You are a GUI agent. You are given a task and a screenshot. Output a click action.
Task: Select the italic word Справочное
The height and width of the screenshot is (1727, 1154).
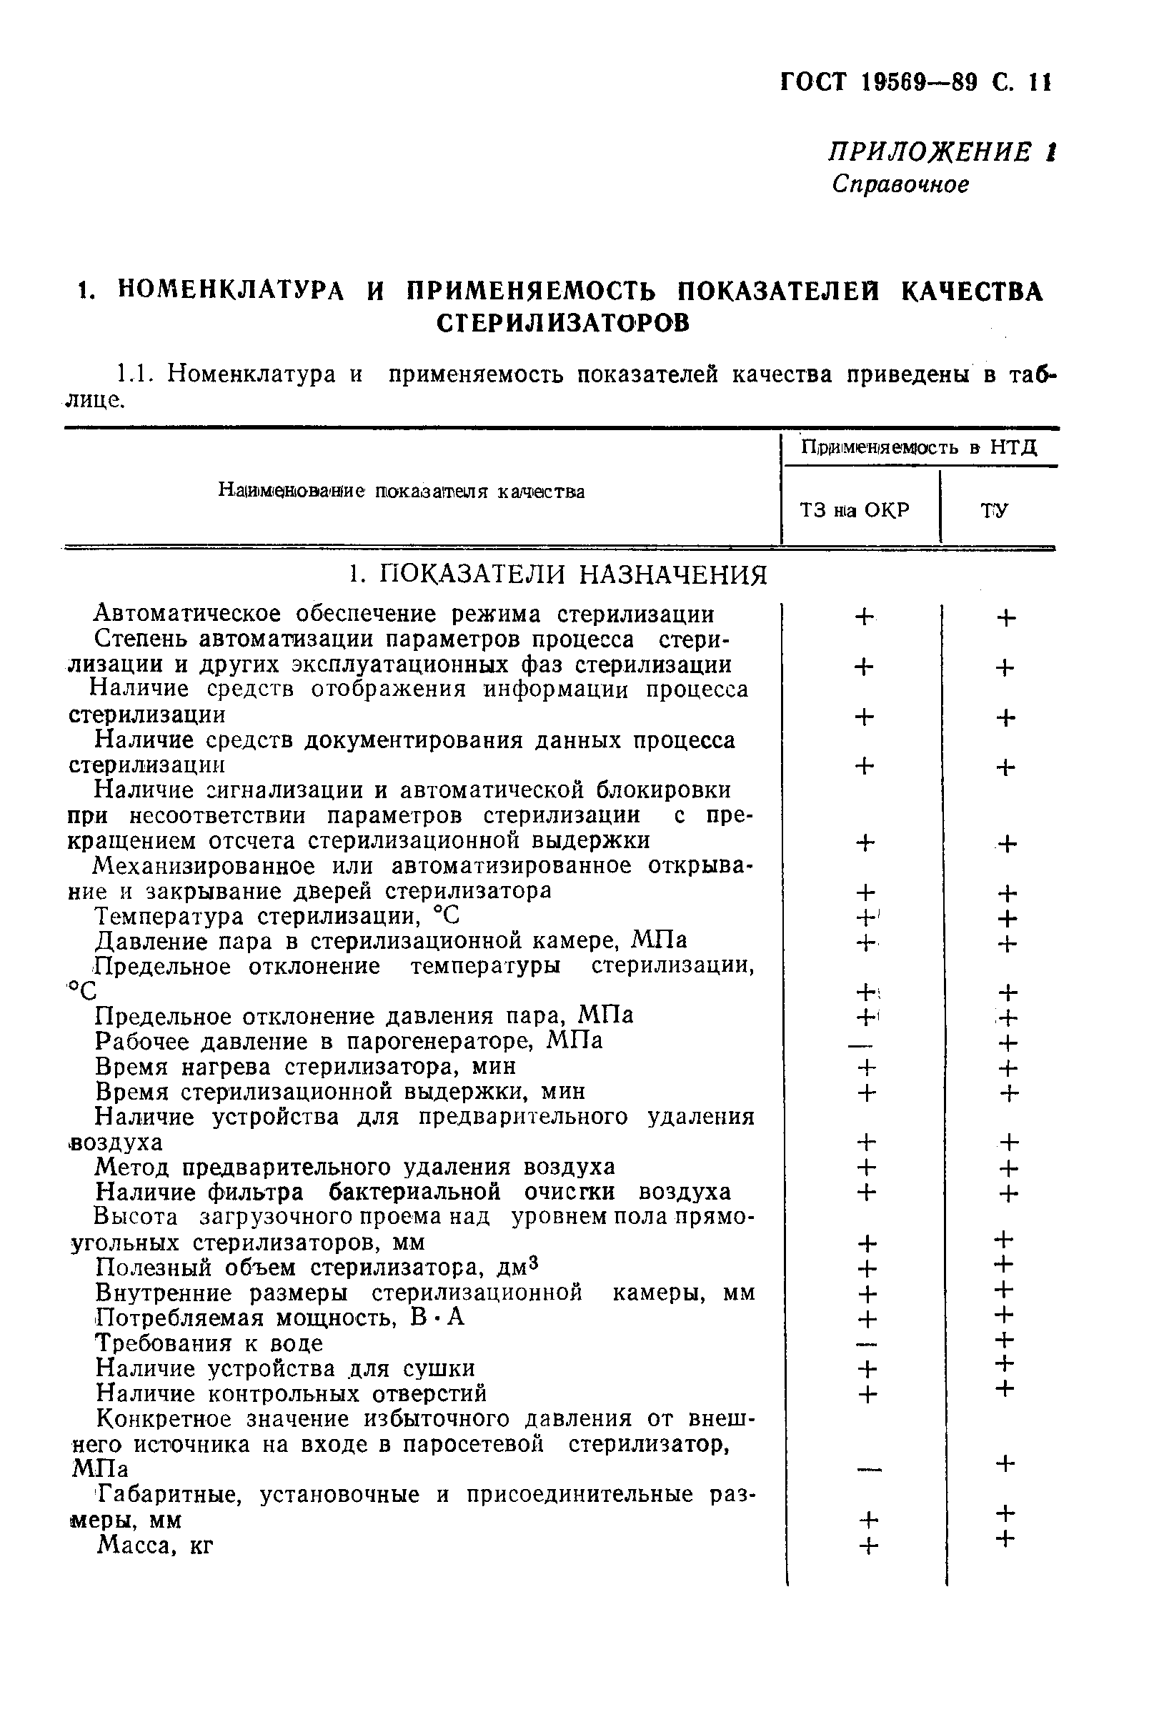click(900, 184)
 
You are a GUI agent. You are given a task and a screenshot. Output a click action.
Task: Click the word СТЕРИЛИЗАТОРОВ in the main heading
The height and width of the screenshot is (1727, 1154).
click(563, 323)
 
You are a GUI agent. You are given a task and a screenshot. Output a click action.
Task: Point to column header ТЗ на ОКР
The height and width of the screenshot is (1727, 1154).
click(855, 510)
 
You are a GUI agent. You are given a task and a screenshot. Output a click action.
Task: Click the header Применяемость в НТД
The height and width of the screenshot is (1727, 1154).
click(918, 447)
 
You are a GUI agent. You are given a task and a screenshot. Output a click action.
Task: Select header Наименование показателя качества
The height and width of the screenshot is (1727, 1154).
click(401, 491)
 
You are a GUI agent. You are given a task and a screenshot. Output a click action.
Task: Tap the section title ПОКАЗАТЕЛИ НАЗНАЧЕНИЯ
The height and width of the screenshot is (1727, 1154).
click(559, 574)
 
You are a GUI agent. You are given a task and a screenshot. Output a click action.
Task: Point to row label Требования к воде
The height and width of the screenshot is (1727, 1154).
click(210, 1343)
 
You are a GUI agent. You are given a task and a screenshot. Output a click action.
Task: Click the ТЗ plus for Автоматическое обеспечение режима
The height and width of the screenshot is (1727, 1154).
click(864, 616)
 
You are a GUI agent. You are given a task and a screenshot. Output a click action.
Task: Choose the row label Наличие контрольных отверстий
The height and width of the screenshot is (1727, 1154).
click(292, 1393)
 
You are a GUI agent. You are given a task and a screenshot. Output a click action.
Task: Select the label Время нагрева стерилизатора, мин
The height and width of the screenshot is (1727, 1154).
click(305, 1067)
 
